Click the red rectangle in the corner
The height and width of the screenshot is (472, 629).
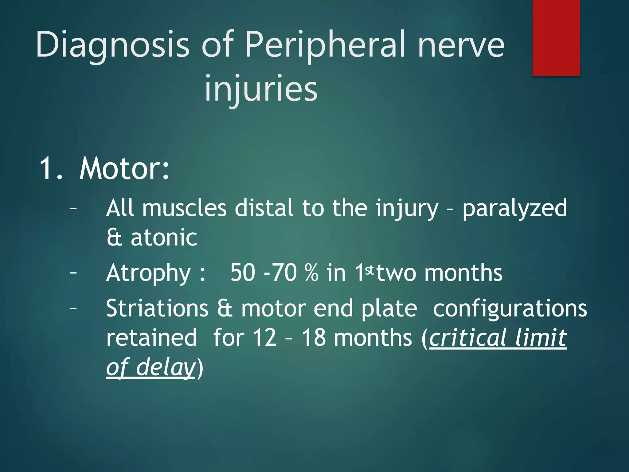[x=556, y=37]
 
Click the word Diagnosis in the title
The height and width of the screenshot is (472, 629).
[x=112, y=45]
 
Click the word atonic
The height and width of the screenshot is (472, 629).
[x=164, y=238]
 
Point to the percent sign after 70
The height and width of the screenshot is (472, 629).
[x=312, y=273]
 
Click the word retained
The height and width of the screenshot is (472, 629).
[x=151, y=338]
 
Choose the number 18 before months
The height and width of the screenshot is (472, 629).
[x=314, y=338]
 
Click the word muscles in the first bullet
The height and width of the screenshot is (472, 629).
[x=184, y=208]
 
